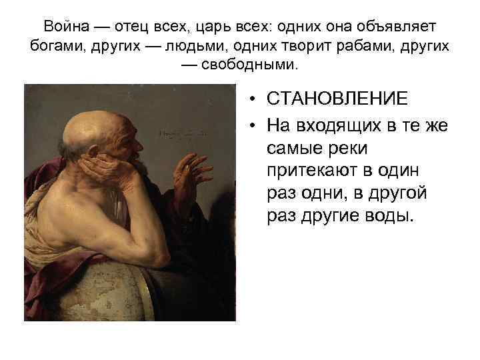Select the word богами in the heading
(54, 46)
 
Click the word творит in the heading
(298, 46)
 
